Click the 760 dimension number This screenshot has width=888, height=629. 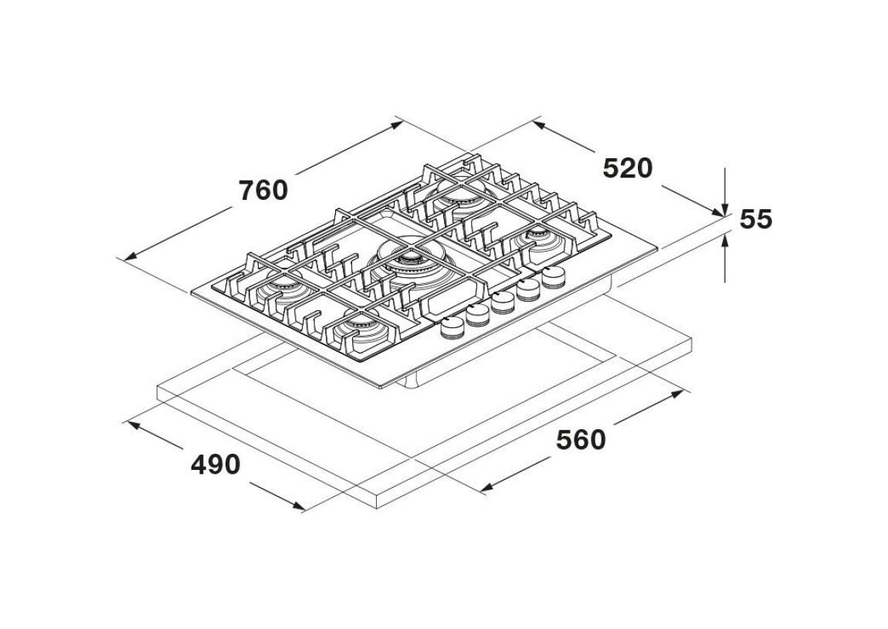pyautogui.click(x=263, y=190)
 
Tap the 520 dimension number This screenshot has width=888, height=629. pyautogui.click(x=628, y=168)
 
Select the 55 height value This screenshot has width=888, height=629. pyautogui.click(x=755, y=219)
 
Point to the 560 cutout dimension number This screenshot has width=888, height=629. pyautogui.click(x=581, y=440)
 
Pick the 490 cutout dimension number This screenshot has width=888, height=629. pyautogui.click(x=215, y=465)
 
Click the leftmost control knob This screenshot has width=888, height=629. pyautogui.click(x=452, y=327)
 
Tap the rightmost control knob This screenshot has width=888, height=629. pyautogui.click(x=554, y=276)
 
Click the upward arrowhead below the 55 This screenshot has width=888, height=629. pyautogui.click(x=726, y=240)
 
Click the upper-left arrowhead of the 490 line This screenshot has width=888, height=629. pyautogui.click(x=131, y=424)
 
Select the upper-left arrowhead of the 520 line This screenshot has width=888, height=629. pyautogui.click(x=538, y=124)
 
